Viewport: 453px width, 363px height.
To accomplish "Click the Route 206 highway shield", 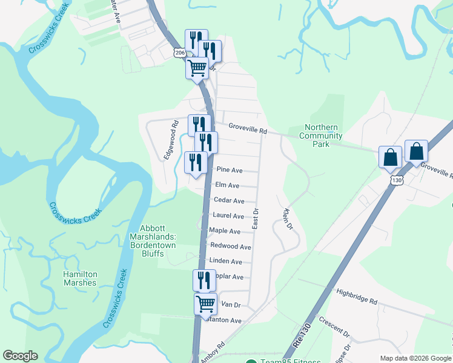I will [x=179, y=53].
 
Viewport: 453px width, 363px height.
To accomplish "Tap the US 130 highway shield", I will [x=396, y=180].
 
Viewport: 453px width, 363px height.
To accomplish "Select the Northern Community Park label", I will [x=325, y=136].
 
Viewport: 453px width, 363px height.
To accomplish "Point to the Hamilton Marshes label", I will [x=80, y=278].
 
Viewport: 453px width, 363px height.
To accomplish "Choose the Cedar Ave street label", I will [x=229, y=201].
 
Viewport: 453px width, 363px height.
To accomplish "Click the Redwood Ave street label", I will [x=230, y=247].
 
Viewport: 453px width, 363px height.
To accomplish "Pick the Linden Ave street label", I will [x=225, y=262].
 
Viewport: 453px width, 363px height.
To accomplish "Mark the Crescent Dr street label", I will [x=334, y=329].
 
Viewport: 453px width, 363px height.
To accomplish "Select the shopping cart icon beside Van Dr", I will [x=205, y=303].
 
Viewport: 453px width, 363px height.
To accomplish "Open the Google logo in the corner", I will [x=20, y=356].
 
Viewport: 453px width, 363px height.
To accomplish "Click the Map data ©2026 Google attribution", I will [x=415, y=358].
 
